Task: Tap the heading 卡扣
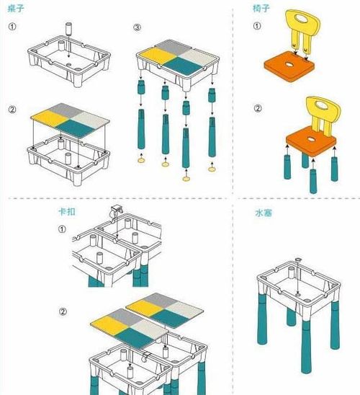pyautogui.click(x=66, y=213)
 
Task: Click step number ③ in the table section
pyautogui.click(x=137, y=28)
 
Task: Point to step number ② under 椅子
pyautogui.click(x=258, y=110)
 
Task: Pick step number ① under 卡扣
pyautogui.click(x=62, y=229)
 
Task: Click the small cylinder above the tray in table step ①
pyautogui.click(x=70, y=27)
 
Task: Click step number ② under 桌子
pyautogui.click(x=13, y=110)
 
